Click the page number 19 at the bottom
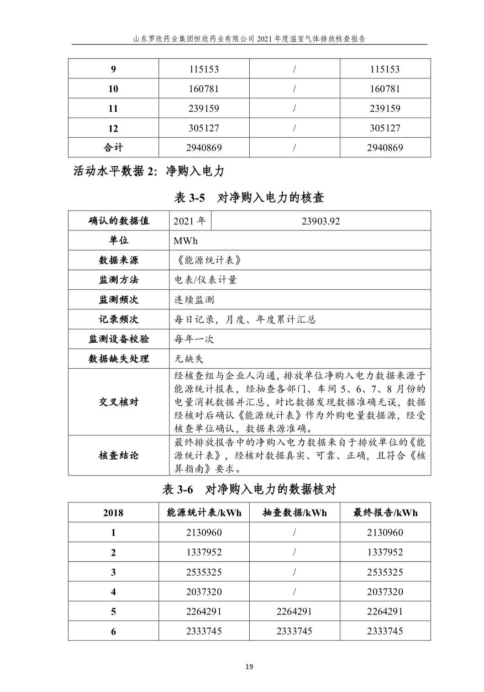249,667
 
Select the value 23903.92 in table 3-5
321,221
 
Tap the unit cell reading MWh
185,241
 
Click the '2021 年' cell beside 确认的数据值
190,221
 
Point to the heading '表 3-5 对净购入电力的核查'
249,198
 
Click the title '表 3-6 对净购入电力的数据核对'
249,490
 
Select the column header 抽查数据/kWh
295,513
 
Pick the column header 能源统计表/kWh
204,513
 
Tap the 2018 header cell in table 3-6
113,513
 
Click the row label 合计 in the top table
113,147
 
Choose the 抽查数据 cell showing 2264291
295,611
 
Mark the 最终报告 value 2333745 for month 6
385,631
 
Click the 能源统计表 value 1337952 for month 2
204,552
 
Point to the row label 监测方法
119,280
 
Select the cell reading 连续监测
194,300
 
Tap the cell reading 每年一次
194,339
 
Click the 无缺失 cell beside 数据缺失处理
189,359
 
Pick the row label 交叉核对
119,402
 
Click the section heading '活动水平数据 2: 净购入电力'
149,172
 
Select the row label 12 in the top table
113,128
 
